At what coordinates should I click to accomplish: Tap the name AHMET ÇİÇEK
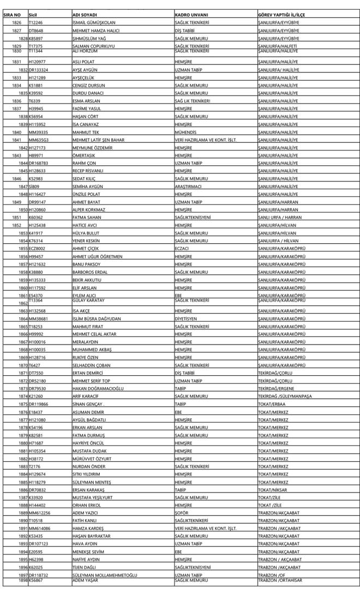point(87,249)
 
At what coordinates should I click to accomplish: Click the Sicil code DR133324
point(40,70)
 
